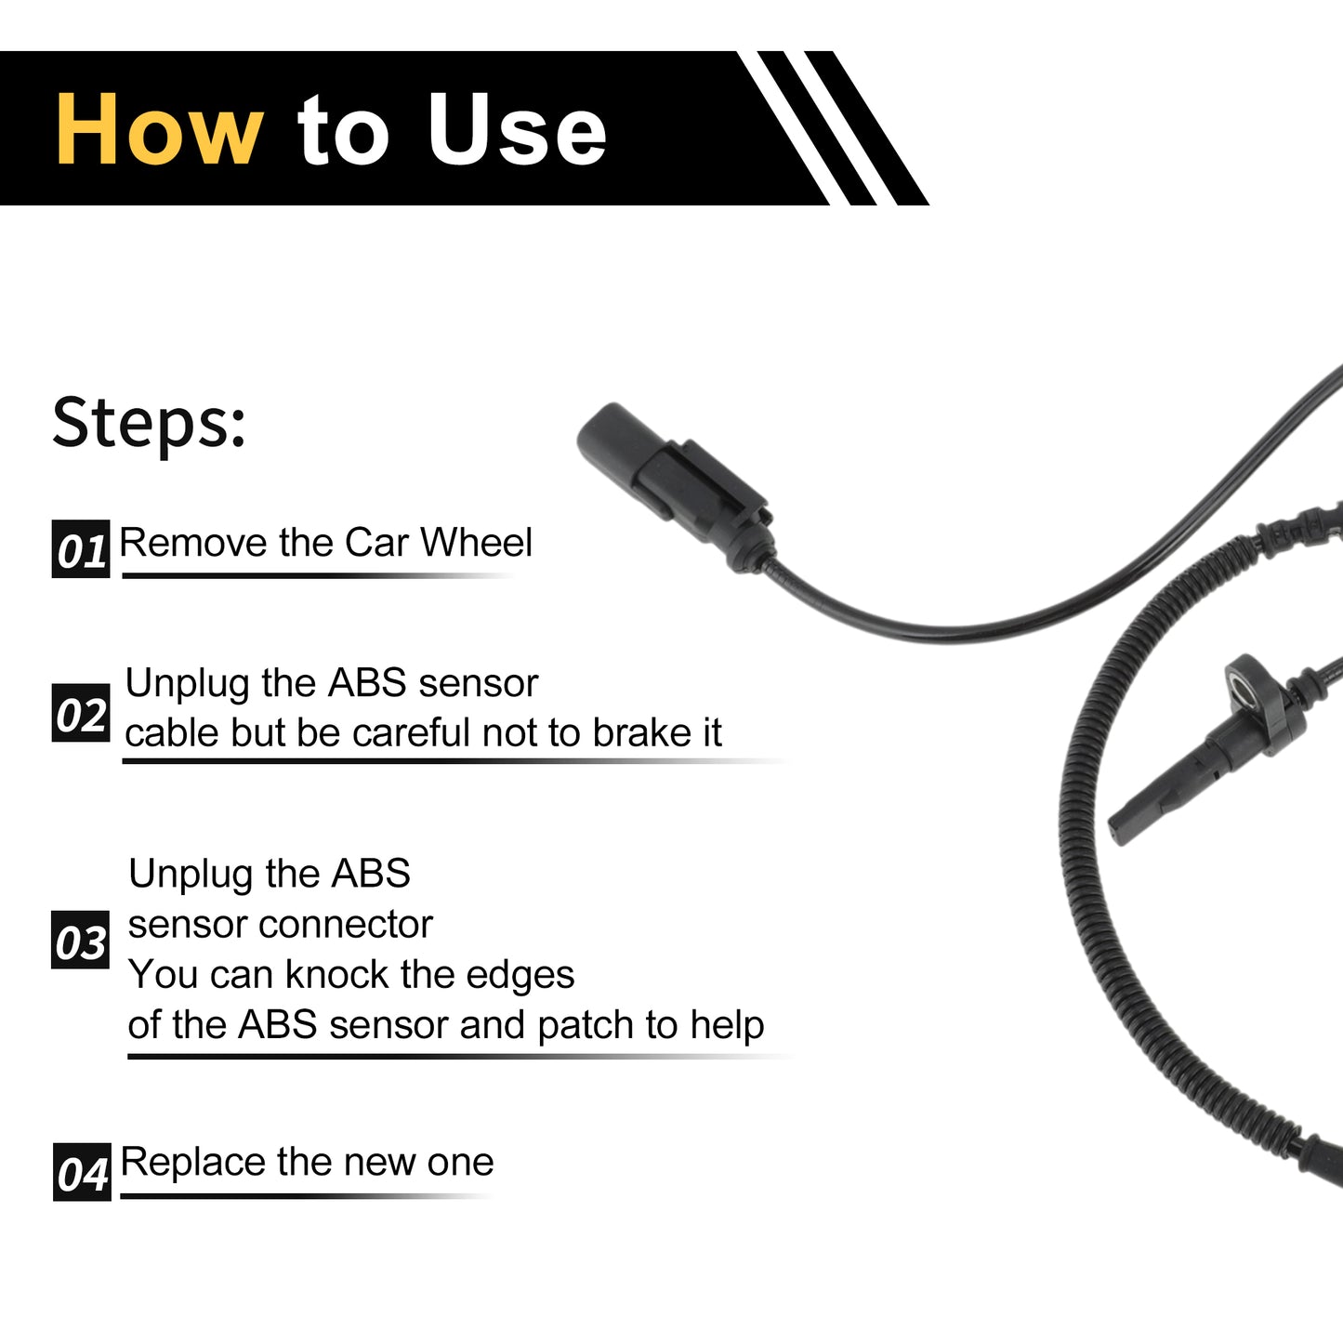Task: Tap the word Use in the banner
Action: [x=517, y=129]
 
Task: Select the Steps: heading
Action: [x=149, y=423]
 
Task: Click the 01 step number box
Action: [x=81, y=548]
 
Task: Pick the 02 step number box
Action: [x=81, y=713]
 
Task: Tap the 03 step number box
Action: [x=80, y=940]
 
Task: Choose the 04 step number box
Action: [x=82, y=1172]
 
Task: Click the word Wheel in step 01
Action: [x=476, y=542]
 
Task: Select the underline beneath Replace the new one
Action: [x=307, y=1196]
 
